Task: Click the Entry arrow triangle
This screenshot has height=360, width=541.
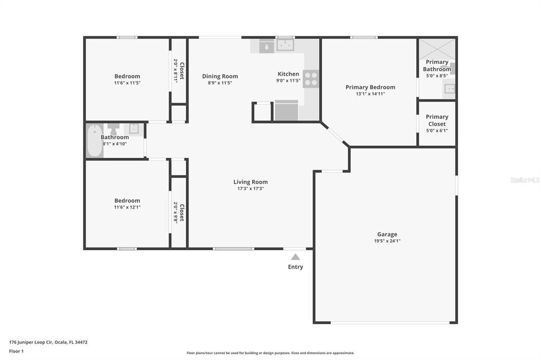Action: (295, 257)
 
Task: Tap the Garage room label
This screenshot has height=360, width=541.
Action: (387, 234)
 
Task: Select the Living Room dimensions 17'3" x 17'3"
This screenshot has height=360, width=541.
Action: (250, 188)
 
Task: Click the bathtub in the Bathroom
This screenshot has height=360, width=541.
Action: (95, 140)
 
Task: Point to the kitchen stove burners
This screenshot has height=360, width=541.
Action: (311, 79)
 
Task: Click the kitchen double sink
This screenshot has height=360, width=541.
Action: (285, 46)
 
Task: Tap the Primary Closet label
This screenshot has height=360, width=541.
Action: (437, 120)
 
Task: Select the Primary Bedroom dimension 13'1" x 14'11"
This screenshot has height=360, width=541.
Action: (370, 94)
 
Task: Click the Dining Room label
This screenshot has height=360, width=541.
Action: (220, 76)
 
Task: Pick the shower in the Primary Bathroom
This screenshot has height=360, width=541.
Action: (436, 49)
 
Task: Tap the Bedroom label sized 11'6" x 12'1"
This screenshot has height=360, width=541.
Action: (127, 201)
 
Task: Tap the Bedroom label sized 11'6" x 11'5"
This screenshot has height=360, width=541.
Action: (127, 76)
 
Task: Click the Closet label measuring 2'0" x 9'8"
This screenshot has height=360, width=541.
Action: (182, 212)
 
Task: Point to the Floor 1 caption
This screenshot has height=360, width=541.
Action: (16, 351)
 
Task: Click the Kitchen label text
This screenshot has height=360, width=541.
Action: (288, 74)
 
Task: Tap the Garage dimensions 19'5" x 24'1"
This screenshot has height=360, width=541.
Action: (387, 241)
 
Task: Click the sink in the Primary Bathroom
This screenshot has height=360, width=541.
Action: (449, 89)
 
